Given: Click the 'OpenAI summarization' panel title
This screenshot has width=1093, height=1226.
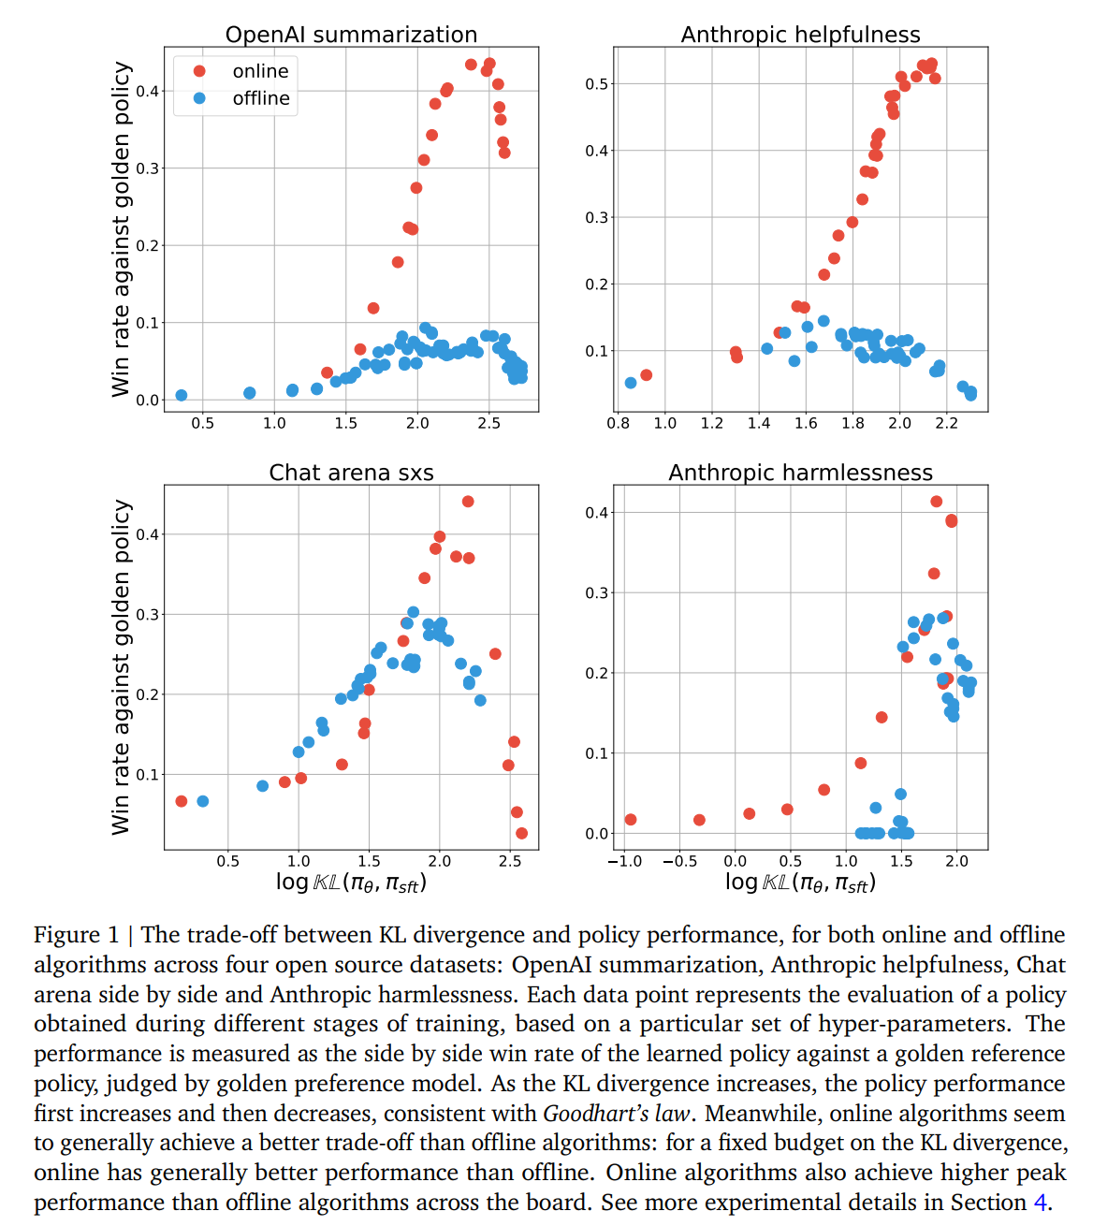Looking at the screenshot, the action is coord(351,35).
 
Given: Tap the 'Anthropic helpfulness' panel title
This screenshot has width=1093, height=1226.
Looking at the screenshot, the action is coord(800,35).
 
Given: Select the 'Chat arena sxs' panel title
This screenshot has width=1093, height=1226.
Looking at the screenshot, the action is coord(351,472).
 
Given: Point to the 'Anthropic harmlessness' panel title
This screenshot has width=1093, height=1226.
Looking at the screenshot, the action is coord(800,472).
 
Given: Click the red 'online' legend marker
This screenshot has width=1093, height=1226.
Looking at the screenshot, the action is coord(199,71).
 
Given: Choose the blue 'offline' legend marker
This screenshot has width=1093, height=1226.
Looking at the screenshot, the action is coord(199,98).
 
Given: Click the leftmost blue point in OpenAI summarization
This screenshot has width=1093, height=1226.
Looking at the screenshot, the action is coord(181,395).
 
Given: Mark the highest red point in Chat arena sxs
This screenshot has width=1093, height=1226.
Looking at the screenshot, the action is coord(468,501).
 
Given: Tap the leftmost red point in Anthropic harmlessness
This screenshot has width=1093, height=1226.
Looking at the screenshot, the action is coord(630,819).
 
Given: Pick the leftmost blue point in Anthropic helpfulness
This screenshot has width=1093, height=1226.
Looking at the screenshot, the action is coord(631,383).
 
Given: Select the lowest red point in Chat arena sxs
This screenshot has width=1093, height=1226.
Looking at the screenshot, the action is coord(521,833).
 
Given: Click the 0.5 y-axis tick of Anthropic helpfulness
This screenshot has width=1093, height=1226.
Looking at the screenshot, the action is coord(596,84).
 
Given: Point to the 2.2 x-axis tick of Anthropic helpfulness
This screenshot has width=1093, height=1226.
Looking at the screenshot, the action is coord(946,423).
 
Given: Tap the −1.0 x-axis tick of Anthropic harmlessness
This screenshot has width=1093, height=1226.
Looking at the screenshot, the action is coord(624,861).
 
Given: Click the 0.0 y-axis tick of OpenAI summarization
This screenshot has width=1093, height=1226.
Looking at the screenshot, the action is coord(147,400).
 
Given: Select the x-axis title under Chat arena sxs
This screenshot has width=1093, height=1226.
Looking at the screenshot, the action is coord(351,883).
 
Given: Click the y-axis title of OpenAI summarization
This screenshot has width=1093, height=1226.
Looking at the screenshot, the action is coord(121,229).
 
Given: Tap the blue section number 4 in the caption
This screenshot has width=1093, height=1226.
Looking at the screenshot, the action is coord(1041,1202).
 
